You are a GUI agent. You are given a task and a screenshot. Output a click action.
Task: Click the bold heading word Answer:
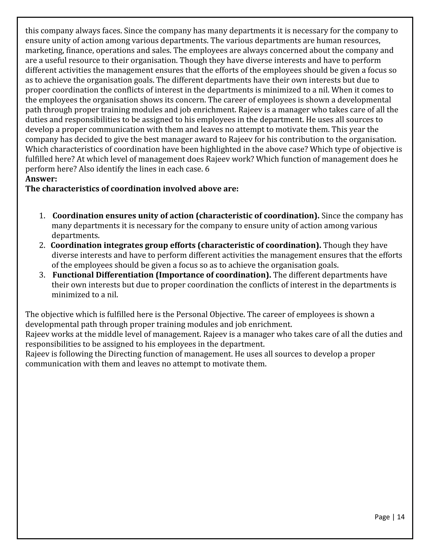[41, 179]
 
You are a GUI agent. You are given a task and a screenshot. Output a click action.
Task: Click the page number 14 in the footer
[401, 517]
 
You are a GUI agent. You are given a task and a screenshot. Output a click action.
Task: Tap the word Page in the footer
[382, 517]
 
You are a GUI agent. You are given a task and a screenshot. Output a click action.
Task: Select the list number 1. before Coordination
[42, 216]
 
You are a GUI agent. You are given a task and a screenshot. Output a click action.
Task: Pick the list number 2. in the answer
[42, 245]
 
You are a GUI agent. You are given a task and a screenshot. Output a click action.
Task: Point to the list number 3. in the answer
[42, 275]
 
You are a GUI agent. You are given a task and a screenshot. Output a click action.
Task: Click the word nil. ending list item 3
[112, 295]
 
